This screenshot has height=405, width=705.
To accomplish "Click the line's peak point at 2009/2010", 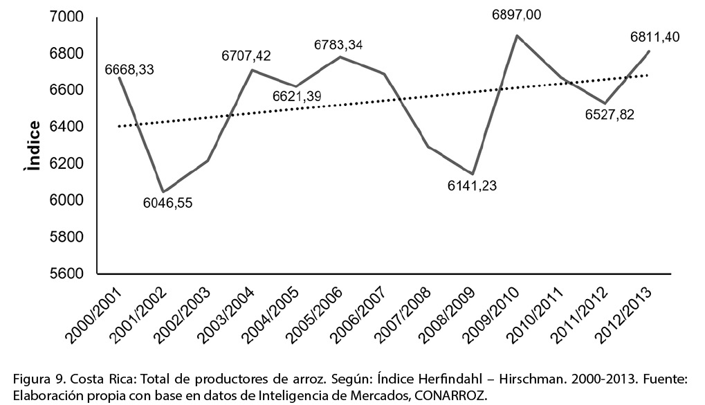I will click(517, 35).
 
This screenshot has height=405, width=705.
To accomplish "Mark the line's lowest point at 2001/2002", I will click(163, 192).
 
